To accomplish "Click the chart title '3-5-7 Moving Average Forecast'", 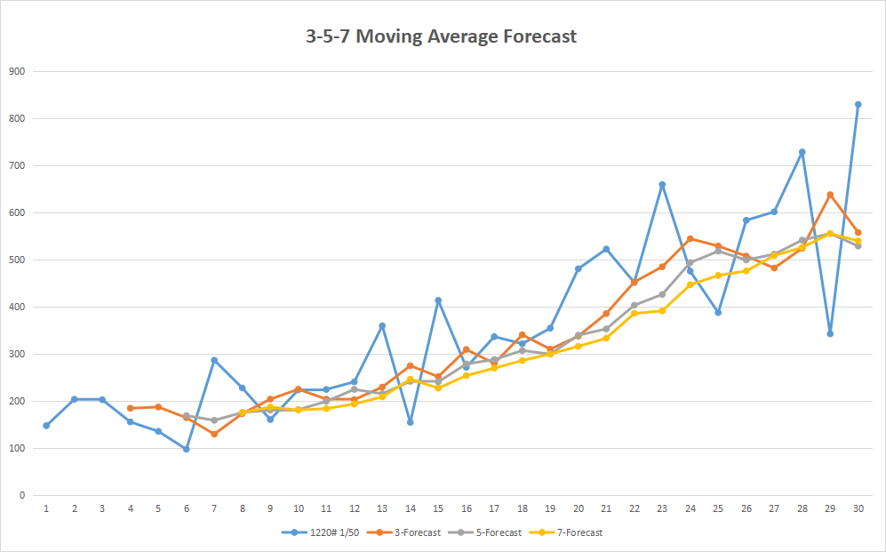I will point(442,36).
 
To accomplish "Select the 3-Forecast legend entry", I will point(406,532).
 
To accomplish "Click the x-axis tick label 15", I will point(438,508).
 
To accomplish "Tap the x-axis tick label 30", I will point(858,508).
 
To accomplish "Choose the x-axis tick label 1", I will point(46,508).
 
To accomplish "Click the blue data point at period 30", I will point(858,104).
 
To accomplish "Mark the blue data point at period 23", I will point(662,185).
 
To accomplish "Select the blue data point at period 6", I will point(187,449).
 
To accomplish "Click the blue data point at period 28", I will point(802,152).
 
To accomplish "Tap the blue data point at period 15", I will point(438,300).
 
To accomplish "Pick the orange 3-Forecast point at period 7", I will point(214,434).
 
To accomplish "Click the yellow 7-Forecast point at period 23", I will point(662,310).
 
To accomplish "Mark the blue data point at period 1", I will point(46,425).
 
